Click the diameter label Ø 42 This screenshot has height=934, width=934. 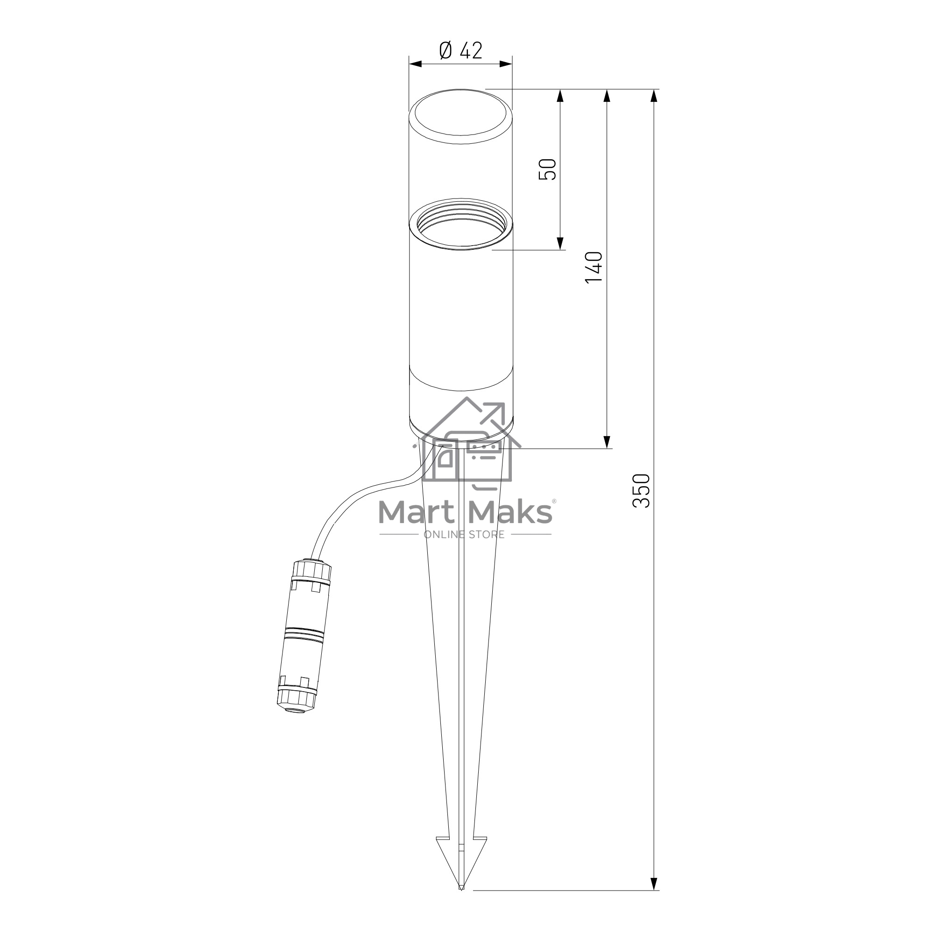[461, 50]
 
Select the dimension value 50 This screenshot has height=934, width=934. [548, 169]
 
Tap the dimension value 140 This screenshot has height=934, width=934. [594, 267]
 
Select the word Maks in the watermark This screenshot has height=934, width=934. [510, 512]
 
